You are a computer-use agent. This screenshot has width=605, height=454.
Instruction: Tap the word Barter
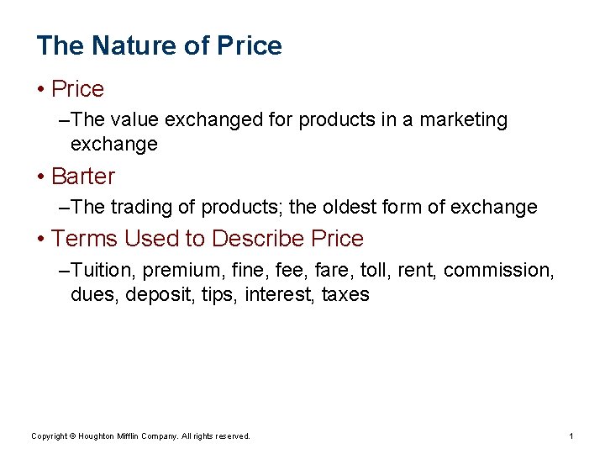(83, 177)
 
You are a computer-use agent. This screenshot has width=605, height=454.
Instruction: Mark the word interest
(279, 295)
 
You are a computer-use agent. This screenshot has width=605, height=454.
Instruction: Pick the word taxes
(345, 295)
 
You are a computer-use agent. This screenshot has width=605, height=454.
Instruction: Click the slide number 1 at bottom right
(571, 436)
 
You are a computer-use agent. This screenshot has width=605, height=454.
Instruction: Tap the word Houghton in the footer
(104, 436)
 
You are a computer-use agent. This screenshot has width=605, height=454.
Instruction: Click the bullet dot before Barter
(41, 177)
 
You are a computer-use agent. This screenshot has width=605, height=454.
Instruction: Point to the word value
(134, 120)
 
